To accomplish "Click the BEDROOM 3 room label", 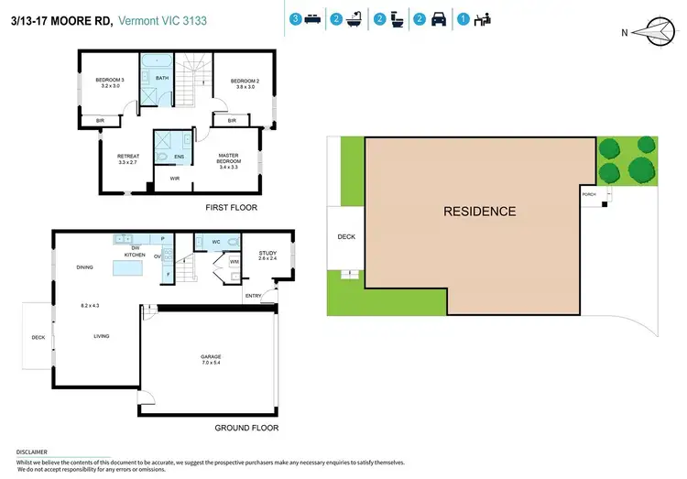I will click(110, 81).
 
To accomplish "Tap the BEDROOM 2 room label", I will click(245, 81).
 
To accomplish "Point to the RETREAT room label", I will click(127, 157).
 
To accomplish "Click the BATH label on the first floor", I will click(162, 78).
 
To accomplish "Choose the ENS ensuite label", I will click(179, 156).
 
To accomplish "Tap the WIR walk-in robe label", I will click(174, 179).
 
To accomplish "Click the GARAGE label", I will click(211, 356).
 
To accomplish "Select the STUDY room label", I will click(267, 253).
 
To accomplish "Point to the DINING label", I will click(84, 267).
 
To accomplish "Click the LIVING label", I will click(101, 336).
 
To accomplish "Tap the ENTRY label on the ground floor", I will click(253, 295).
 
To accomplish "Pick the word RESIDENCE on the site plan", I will click(479, 212).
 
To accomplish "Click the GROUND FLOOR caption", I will click(246, 428).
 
